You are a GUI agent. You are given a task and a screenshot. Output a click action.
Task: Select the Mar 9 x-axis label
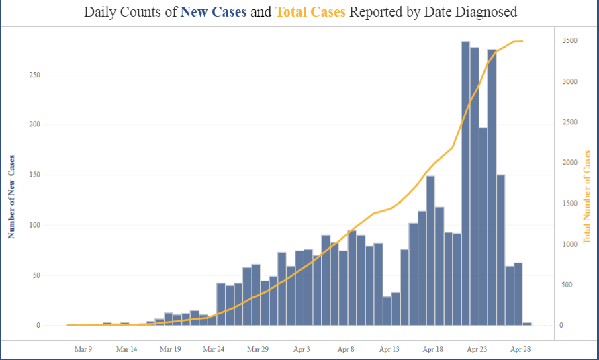point(83,349)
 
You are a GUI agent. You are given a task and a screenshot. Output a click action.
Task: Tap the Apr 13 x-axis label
point(389,349)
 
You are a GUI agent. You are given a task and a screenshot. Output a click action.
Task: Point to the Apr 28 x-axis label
point(520,349)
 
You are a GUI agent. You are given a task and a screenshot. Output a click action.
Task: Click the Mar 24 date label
point(213,349)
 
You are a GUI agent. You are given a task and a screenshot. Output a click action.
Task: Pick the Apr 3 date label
point(302,349)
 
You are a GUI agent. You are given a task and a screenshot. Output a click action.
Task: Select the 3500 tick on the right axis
point(569,41)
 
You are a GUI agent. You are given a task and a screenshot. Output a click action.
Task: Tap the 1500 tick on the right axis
point(569,204)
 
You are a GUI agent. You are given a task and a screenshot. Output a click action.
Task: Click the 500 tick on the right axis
point(567,285)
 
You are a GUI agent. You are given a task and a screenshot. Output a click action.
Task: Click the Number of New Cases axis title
point(11,196)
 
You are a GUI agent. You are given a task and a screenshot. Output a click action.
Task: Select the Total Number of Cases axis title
point(587,197)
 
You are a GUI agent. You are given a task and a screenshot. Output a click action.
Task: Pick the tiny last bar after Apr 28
point(527,324)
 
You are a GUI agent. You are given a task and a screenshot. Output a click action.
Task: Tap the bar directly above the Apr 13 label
point(387,311)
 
